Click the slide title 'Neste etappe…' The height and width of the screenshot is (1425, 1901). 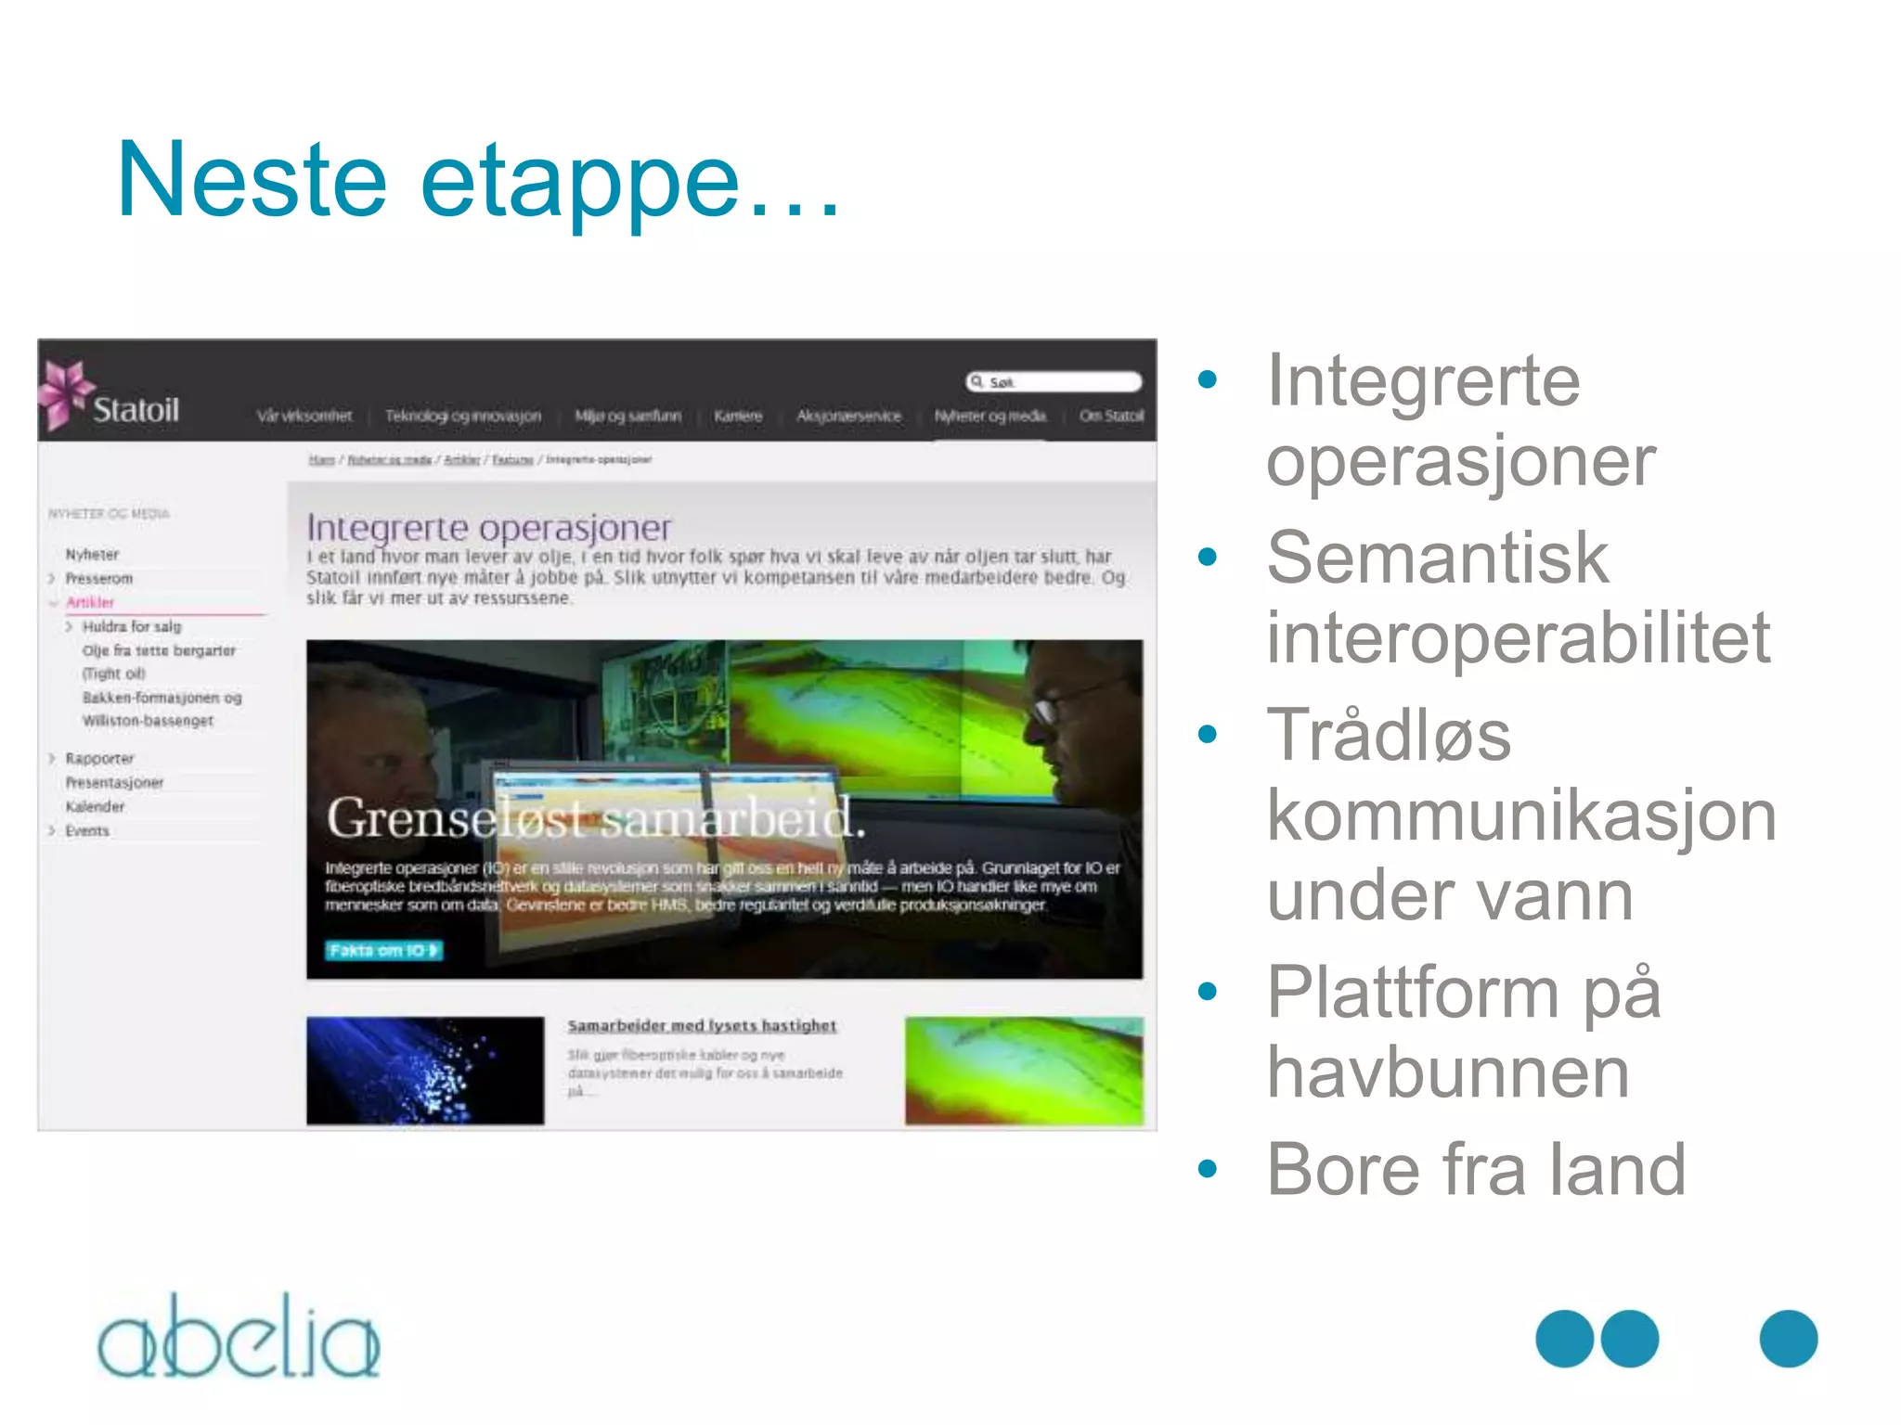tap(478, 180)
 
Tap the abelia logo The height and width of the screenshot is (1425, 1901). tap(239, 1338)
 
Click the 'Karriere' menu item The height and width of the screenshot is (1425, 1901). tap(738, 417)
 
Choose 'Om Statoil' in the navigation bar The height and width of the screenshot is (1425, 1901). tap(1111, 417)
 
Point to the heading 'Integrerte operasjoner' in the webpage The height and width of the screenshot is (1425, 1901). tap(488, 527)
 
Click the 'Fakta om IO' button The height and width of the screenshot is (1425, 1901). tap(383, 950)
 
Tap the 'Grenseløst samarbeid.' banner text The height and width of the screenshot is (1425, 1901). tap(595, 818)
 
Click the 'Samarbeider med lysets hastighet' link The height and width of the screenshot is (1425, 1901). tap(702, 1025)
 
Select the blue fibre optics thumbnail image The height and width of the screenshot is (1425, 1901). tap(425, 1071)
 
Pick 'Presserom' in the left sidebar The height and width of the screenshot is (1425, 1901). tap(98, 578)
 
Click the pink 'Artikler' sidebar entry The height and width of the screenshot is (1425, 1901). tap(89, 602)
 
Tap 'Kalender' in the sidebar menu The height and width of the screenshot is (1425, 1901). tap(95, 806)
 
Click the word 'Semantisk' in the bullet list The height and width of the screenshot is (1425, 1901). tap(1437, 558)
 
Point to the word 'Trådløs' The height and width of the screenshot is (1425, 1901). tap(1389, 735)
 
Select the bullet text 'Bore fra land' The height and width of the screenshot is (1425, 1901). tap(1475, 1169)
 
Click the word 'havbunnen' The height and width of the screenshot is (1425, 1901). tap(1447, 1072)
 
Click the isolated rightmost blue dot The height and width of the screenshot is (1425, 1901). tap(1788, 1338)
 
